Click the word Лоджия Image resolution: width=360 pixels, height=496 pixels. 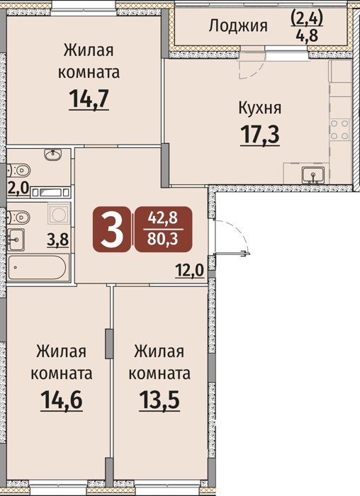(x=238, y=26)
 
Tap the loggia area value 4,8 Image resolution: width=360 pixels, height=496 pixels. (x=307, y=35)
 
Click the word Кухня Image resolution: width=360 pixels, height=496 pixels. (x=259, y=108)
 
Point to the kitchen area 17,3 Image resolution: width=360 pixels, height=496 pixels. (x=260, y=135)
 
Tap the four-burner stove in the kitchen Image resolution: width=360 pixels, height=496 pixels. (x=339, y=130)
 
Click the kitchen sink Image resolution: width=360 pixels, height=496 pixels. (x=313, y=174)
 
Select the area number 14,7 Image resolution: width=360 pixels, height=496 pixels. (x=89, y=98)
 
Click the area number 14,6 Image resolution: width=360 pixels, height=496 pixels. (x=62, y=400)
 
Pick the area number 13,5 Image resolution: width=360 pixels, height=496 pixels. (x=159, y=400)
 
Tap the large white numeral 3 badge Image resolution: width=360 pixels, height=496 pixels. (x=111, y=229)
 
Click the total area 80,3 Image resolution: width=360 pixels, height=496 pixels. (x=163, y=239)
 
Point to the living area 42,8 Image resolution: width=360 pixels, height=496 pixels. (x=163, y=218)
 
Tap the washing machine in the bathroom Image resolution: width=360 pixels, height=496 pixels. (x=59, y=214)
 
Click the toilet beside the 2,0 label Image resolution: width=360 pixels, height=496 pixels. (x=18, y=171)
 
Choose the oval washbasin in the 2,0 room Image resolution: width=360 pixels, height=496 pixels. (x=53, y=154)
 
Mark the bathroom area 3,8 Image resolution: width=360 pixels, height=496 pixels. (x=58, y=239)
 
